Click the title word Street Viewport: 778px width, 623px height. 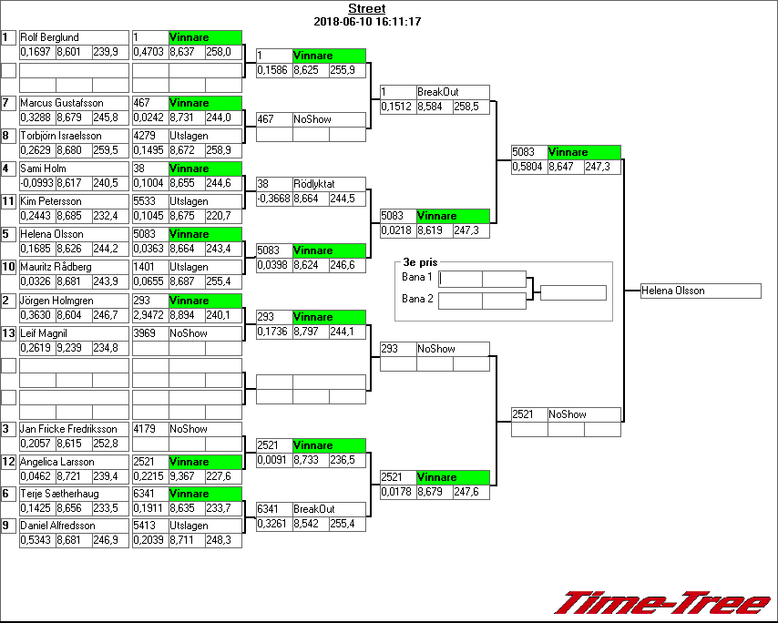pyautogui.click(x=366, y=9)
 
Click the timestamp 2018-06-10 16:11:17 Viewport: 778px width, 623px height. pyautogui.click(x=366, y=21)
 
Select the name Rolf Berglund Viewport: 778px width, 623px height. pyautogui.click(x=49, y=37)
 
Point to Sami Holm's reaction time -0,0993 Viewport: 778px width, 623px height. pyautogui.click(x=36, y=183)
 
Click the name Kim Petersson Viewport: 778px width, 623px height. pyautogui.click(x=51, y=201)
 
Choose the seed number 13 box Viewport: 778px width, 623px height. pyautogui.click(x=8, y=333)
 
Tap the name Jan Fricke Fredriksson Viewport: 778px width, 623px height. pyautogui.click(x=68, y=429)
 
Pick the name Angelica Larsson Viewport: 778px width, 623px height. pyautogui.click(x=57, y=462)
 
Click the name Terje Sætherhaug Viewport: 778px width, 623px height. pyautogui.click(x=58, y=494)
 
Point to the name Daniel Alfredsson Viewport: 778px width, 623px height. pyautogui.click(x=57, y=526)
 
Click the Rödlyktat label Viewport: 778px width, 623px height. pyautogui.click(x=314, y=184)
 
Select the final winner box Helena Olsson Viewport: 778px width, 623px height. pyautogui.click(x=700, y=291)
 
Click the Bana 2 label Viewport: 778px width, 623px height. pyautogui.click(x=416, y=298)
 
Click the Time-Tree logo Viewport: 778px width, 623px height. pyautogui.click(x=663, y=603)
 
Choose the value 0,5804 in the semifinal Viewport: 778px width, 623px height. pyautogui.click(x=528, y=167)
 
